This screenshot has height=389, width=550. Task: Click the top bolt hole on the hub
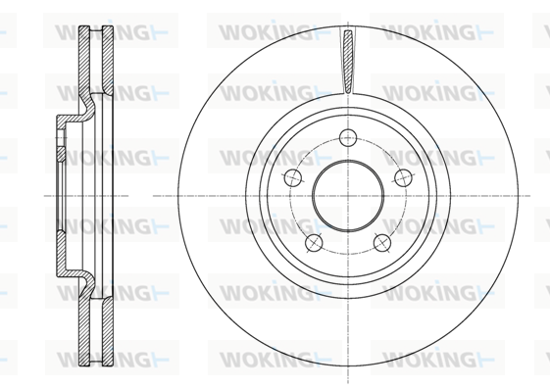tap(348, 137)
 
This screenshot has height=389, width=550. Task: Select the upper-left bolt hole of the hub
tap(293, 177)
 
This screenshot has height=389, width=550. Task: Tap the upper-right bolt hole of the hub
tap(403, 177)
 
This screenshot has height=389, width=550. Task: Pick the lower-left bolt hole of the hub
tap(314, 242)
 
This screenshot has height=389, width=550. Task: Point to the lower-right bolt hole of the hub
tap(382, 242)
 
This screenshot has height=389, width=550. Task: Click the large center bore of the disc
tap(348, 196)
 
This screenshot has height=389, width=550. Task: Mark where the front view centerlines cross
tap(348, 196)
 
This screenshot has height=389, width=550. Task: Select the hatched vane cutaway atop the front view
tap(348, 62)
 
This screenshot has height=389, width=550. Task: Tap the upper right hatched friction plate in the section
tap(108, 61)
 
